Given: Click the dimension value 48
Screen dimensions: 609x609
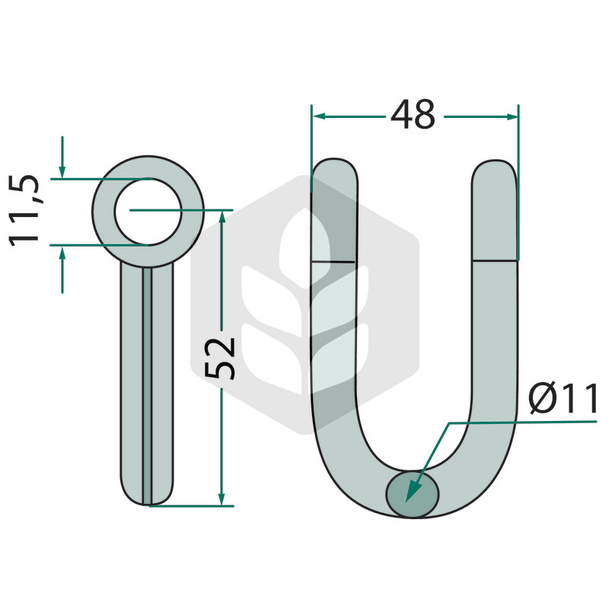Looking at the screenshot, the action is tap(413, 115).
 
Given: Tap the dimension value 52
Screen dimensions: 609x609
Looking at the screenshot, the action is tap(220, 358).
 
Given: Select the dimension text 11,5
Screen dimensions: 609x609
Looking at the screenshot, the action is tap(24, 211).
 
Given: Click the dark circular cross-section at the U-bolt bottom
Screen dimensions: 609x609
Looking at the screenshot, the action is tap(413, 494).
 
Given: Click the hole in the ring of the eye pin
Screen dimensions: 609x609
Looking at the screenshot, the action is tap(148, 212).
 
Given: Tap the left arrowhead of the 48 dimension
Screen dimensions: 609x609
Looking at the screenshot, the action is tap(319, 116).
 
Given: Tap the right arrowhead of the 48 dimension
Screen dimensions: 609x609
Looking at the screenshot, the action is tap(511, 116).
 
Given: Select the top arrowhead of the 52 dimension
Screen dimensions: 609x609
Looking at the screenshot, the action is tap(222, 217).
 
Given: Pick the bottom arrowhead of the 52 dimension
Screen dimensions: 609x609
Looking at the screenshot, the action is tap(222, 499).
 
